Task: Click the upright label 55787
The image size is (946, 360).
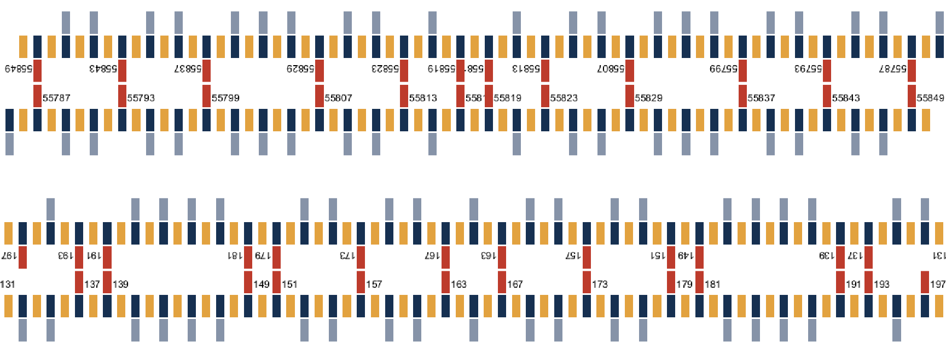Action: pyautogui.click(x=56, y=98)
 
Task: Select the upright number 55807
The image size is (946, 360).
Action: pyautogui.click(x=338, y=98)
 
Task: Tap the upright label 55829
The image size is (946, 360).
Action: pyautogui.click(x=648, y=98)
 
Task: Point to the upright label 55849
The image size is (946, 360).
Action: pyautogui.click(x=930, y=98)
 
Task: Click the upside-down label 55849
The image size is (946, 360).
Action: pyautogui.click(x=19, y=69)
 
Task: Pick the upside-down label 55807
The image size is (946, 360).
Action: pyautogui.click(x=611, y=69)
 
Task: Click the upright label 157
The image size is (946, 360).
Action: pyautogui.click(x=374, y=284)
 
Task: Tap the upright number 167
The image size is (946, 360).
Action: pyautogui.click(x=515, y=284)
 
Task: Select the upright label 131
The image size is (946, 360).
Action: pyautogui.click(x=8, y=284)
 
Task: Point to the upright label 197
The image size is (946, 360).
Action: pyautogui.click(x=937, y=284)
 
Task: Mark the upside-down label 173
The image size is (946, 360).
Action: pyautogui.click(x=347, y=256)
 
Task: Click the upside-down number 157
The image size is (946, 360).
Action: pyautogui.click(x=573, y=256)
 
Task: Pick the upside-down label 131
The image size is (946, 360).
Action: pyautogui.click(x=939, y=256)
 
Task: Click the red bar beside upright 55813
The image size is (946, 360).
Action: pyautogui.click(x=404, y=96)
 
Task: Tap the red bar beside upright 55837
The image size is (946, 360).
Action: pyautogui.click(x=742, y=96)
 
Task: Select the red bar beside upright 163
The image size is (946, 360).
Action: pyautogui.click(x=445, y=282)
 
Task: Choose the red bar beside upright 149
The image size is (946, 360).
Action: pyautogui.click(x=248, y=282)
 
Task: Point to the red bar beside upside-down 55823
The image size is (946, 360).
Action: pyautogui.click(x=404, y=71)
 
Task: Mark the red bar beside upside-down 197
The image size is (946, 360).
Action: pyautogui.click(x=22, y=258)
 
